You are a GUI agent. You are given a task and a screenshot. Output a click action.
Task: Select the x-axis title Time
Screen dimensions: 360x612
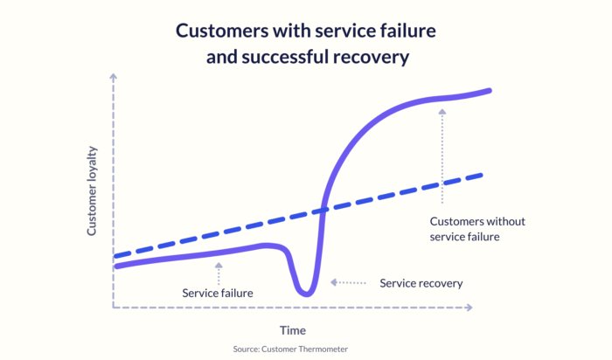[292, 330]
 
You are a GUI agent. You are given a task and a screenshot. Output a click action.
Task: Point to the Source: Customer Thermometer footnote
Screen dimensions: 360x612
[290, 349]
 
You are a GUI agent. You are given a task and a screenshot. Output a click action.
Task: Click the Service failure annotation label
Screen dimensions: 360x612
[218, 293]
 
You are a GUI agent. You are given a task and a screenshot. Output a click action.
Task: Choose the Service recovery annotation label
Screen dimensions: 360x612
[421, 283]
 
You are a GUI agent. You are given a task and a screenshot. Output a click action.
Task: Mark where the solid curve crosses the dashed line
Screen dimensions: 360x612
[323, 209]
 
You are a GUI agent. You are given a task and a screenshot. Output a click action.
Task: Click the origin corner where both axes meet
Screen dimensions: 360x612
[114, 308]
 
